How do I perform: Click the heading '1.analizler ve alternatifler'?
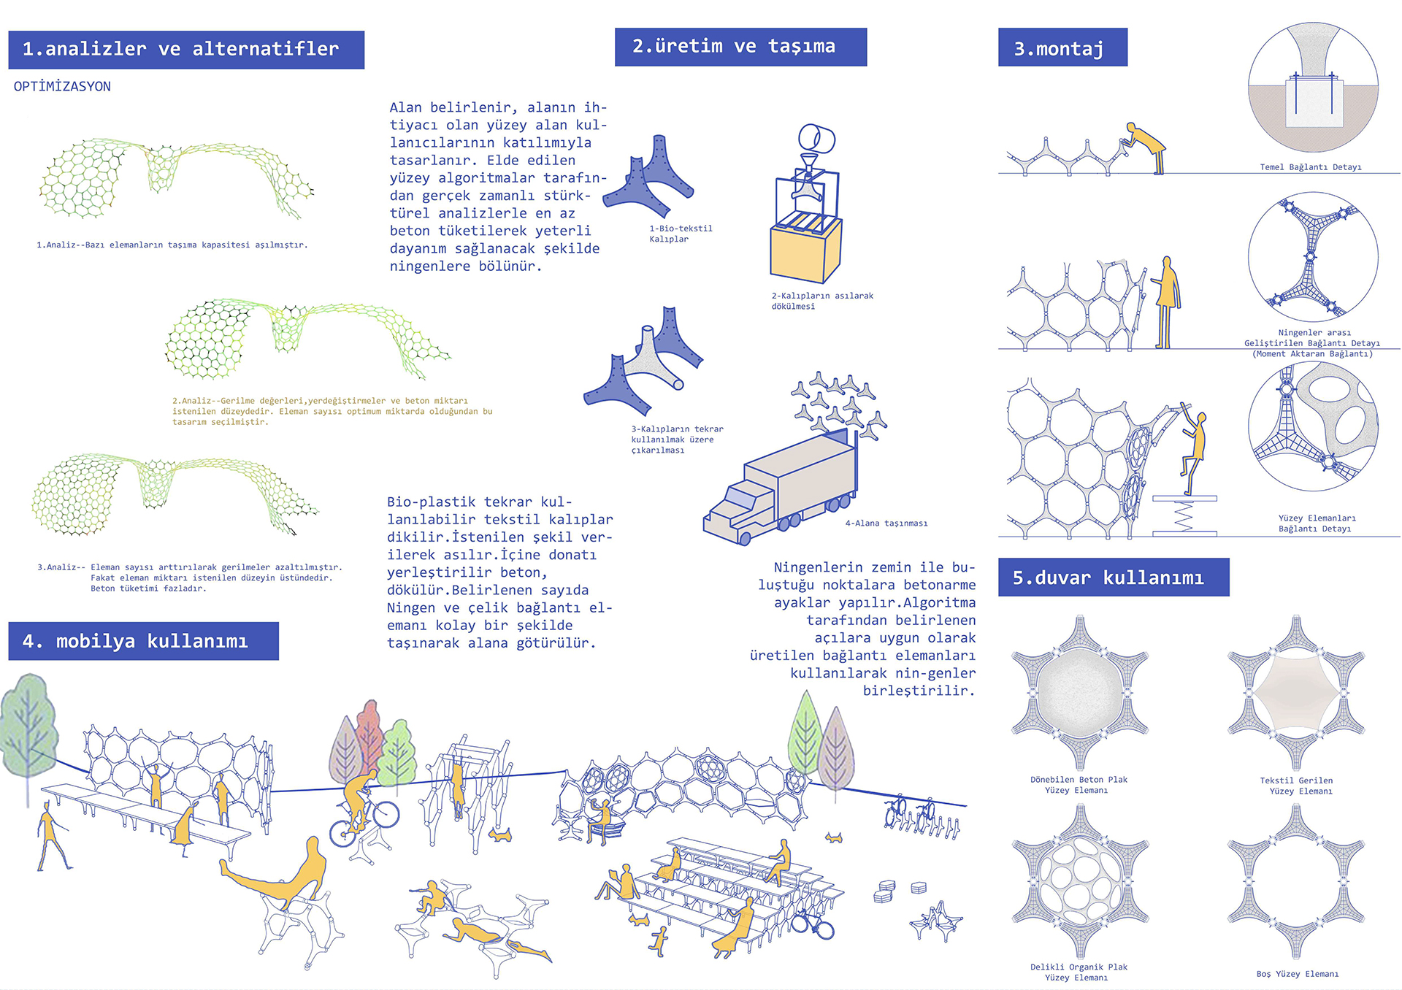(x=186, y=50)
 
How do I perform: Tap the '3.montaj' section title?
(x=1062, y=47)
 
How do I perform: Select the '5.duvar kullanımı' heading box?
(x=1114, y=577)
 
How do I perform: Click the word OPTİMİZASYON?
(x=62, y=86)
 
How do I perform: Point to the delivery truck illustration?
(x=780, y=488)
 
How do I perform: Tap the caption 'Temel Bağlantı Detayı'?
(x=1311, y=167)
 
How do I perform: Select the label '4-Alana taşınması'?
(x=886, y=523)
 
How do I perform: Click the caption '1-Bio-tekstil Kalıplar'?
(x=681, y=234)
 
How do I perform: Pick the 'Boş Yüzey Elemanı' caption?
(x=1298, y=974)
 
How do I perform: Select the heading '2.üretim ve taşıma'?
(x=740, y=47)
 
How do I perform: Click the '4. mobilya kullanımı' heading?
(x=144, y=641)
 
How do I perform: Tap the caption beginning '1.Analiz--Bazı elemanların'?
(x=172, y=245)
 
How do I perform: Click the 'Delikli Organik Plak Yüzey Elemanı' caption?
(x=1079, y=972)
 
